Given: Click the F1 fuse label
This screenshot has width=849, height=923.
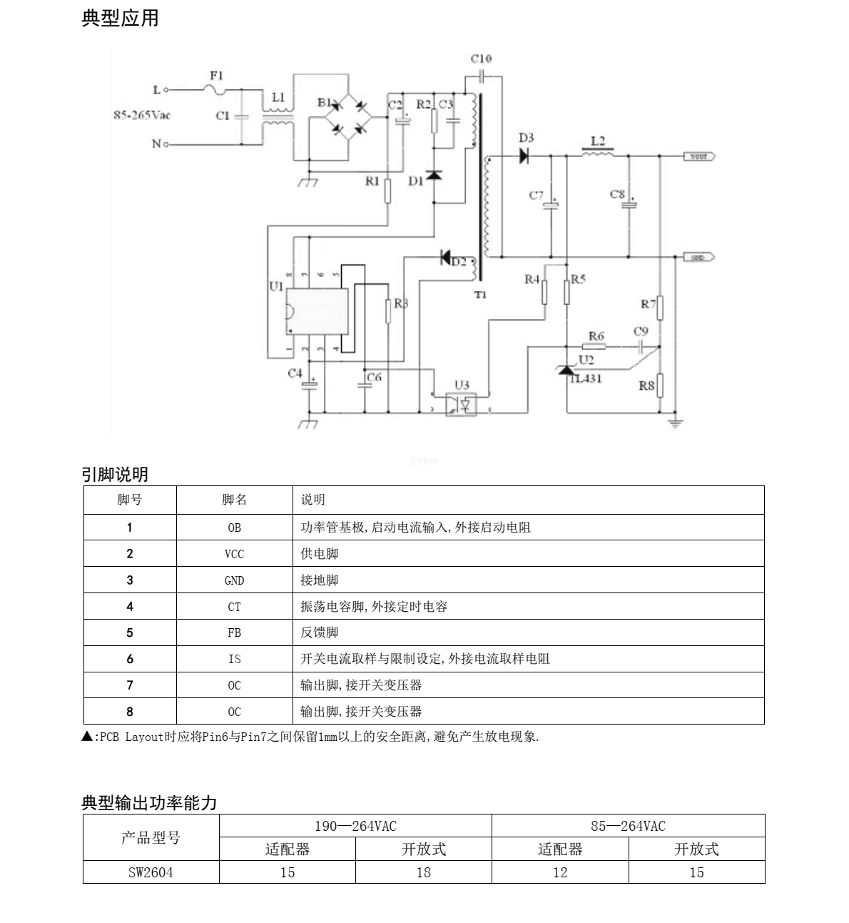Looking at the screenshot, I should (x=216, y=75).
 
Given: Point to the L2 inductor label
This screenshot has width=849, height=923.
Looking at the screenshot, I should (x=598, y=141).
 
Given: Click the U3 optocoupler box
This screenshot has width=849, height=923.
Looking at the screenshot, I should (x=462, y=404).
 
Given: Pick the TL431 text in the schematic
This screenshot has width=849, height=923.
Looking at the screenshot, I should (x=586, y=379).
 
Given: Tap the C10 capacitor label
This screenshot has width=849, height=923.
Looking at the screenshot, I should (x=482, y=59).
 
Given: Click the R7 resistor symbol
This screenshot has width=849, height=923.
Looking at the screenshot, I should (x=660, y=308).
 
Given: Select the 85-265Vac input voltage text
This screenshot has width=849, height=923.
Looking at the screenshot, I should (x=143, y=115).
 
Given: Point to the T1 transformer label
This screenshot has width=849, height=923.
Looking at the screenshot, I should (x=480, y=294).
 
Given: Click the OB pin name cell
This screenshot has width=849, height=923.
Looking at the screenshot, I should (x=234, y=528).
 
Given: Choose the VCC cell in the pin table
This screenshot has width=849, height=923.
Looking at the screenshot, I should (x=234, y=554).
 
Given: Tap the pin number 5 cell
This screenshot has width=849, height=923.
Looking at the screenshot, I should (x=130, y=632).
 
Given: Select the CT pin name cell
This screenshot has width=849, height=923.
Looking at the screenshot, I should (x=234, y=607).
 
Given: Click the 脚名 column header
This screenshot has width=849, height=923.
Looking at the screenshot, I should (x=234, y=500).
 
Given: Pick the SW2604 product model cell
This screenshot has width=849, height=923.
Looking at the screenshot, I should (x=151, y=872).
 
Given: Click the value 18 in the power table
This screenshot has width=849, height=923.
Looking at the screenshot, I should (x=424, y=872).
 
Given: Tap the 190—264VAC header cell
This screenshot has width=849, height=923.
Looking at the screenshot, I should (x=355, y=826).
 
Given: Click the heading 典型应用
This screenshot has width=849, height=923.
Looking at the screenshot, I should (x=120, y=19).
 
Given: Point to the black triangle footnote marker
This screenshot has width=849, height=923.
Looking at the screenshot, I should (x=87, y=737).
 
